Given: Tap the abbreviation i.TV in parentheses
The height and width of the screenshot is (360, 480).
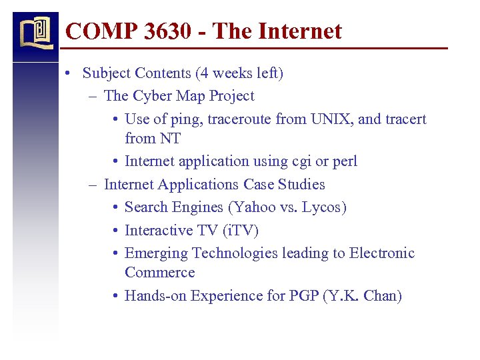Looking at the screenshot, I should point(241,231).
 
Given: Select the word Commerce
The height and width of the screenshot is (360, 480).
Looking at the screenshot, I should point(159,273).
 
